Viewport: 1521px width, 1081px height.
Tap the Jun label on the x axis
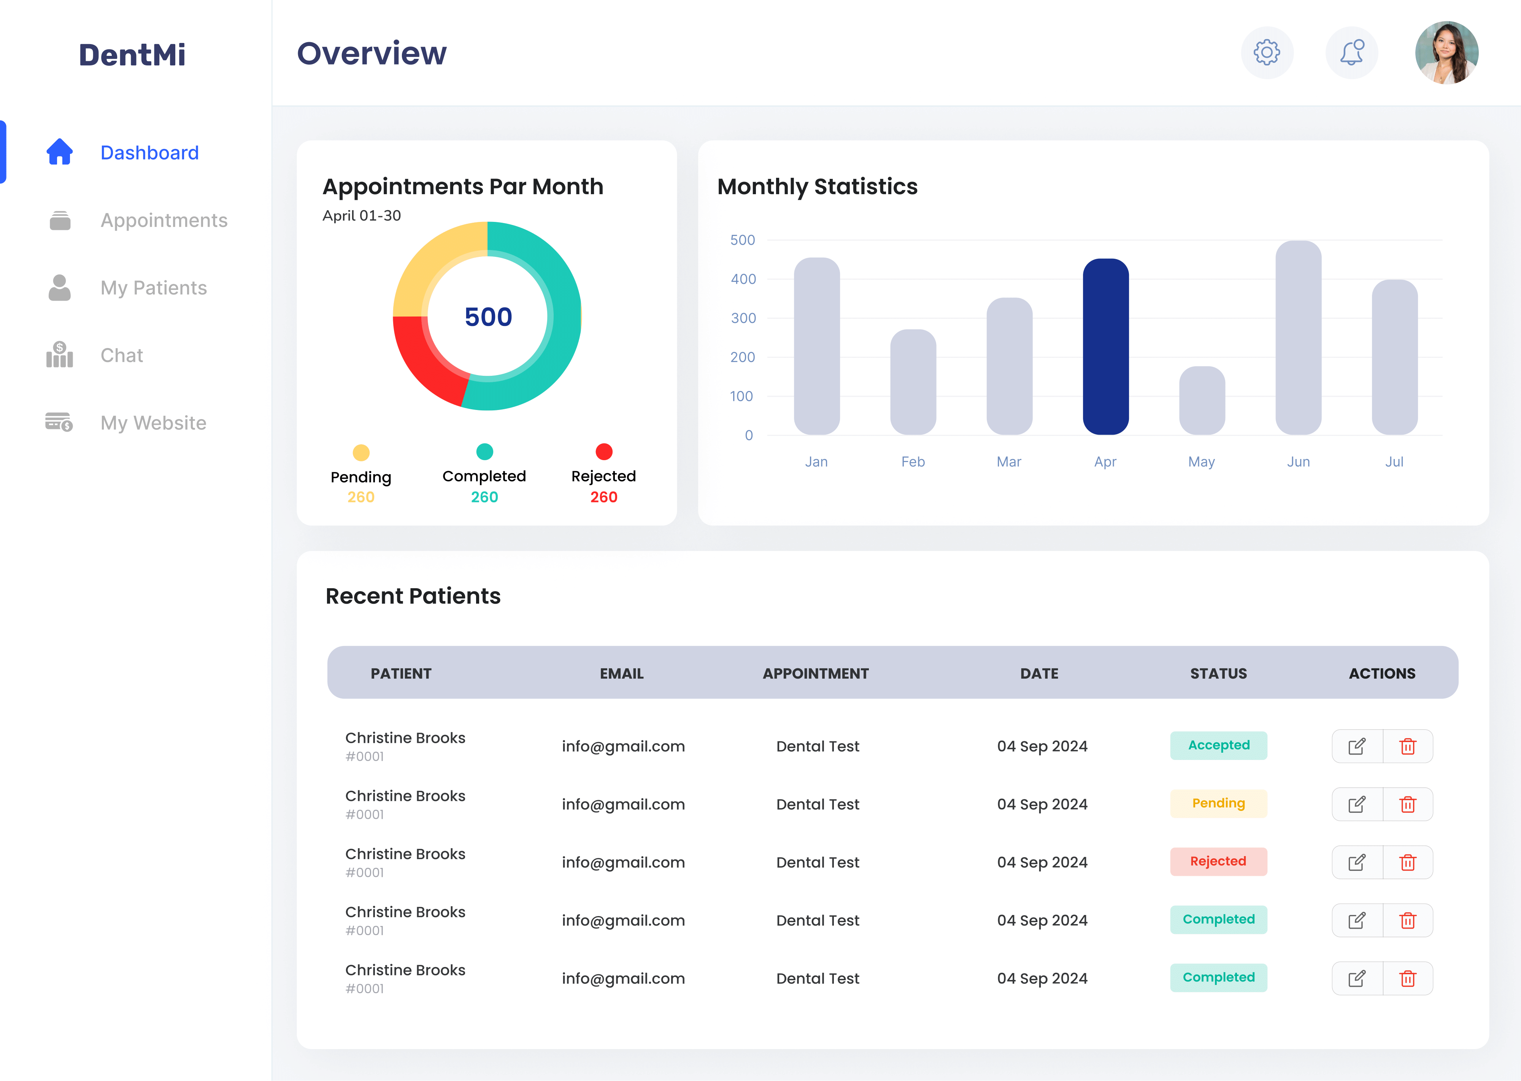click(1298, 461)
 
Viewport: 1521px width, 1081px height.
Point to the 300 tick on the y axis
click(743, 318)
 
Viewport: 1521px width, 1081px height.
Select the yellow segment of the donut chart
click(433, 266)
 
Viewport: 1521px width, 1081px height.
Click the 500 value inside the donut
click(488, 317)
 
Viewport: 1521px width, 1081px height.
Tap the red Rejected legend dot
click(603, 452)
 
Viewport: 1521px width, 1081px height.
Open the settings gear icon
click(1267, 52)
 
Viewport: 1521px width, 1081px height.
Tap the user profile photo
click(1446, 52)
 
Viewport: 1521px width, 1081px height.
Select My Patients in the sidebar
click(153, 288)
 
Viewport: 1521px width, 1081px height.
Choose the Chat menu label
click(121, 355)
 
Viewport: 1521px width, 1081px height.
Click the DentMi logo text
click(132, 55)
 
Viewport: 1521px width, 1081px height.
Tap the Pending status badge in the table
click(1218, 803)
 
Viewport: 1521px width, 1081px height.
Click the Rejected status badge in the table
click(1218, 861)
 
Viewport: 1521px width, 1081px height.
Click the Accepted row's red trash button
click(1407, 746)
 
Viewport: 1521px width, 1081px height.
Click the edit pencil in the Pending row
click(1356, 804)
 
